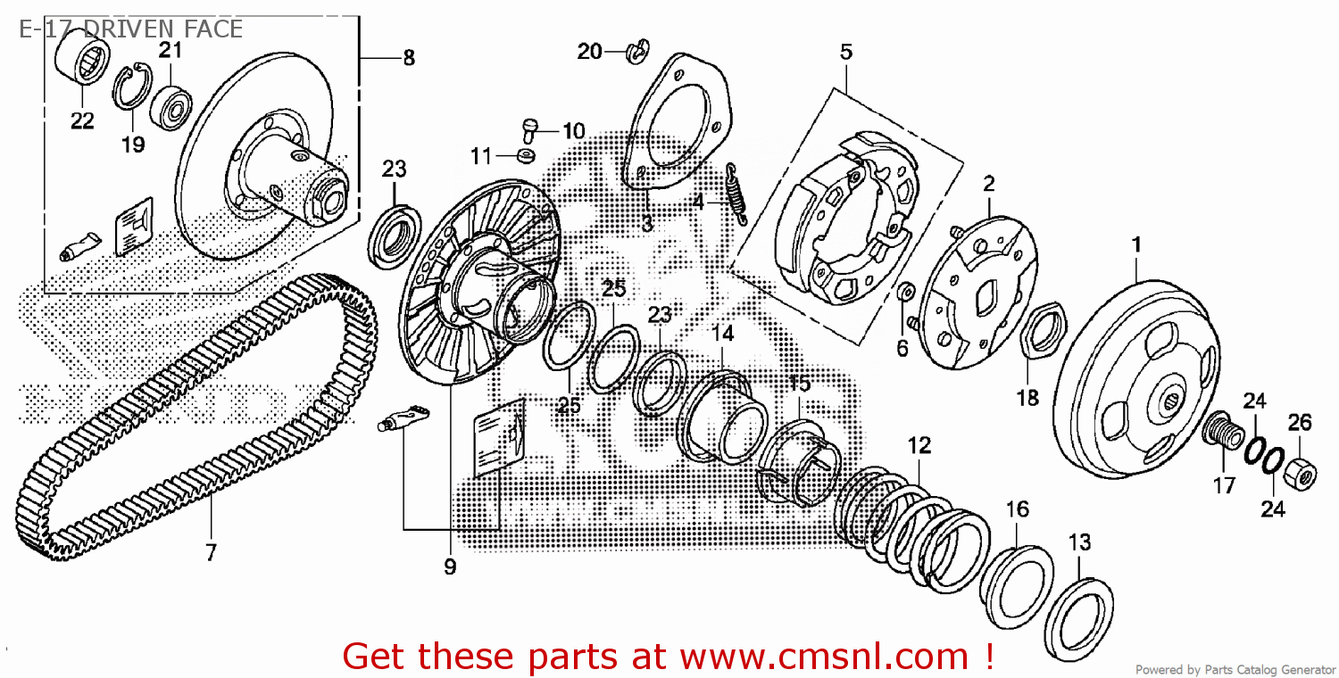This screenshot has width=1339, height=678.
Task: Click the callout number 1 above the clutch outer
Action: tap(1136, 244)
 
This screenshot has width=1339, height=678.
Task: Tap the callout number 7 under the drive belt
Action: tap(211, 552)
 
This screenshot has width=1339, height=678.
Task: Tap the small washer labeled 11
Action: tap(527, 157)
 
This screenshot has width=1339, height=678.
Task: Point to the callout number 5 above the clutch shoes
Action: tap(845, 52)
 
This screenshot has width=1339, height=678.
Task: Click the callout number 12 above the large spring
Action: tap(919, 444)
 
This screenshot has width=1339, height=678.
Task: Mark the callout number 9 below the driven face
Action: tap(449, 566)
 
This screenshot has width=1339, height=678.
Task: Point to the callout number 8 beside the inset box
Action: tap(408, 59)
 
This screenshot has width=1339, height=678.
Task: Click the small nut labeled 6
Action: tap(903, 292)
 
